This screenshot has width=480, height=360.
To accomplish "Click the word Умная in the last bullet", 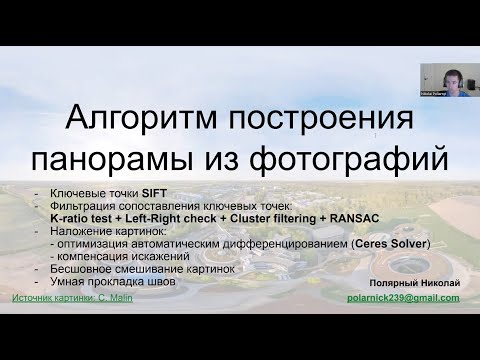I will tap(63, 281).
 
